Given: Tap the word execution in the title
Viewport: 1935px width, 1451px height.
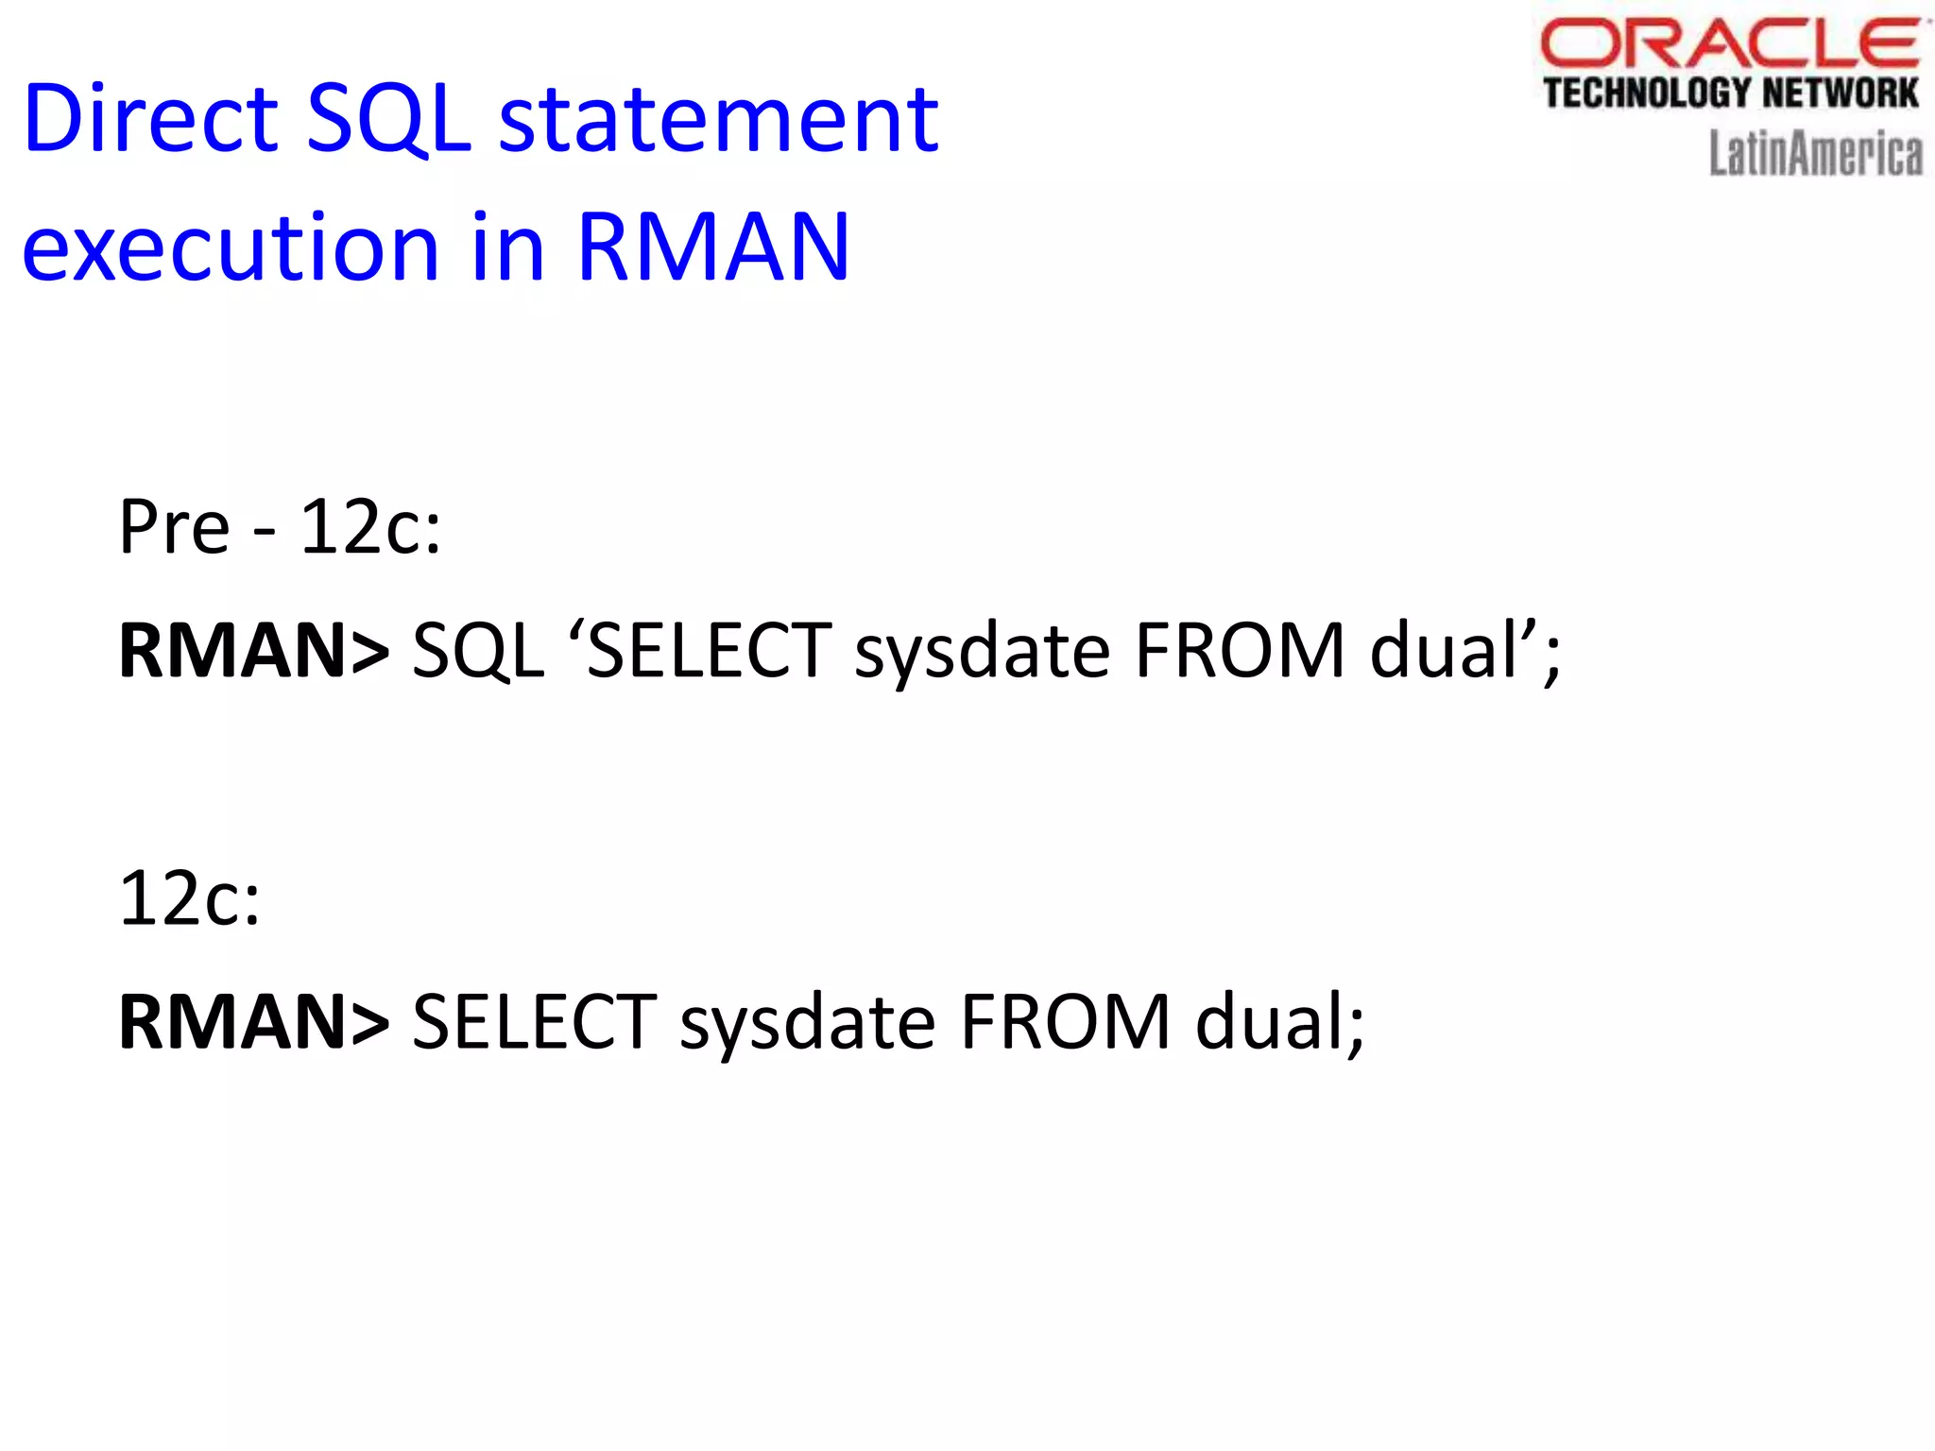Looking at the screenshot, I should pyautogui.click(x=231, y=248).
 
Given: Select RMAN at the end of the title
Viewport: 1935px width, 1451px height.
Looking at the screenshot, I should pyautogui.click(x=713, y=248).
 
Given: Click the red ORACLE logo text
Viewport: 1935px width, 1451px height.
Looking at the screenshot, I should pyautogui.click(x=1729, y=43).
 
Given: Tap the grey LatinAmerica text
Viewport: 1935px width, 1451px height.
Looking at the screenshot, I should pyautogui.click(x=1815, y=154).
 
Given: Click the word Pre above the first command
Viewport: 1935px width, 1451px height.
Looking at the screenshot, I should pyautogui.click(x=175, y=527).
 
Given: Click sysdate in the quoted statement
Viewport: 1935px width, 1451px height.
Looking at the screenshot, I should pyautogui.click(x=983, y=652).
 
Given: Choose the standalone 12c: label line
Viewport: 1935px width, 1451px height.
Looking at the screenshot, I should pyautogui.click(x=189, y=898).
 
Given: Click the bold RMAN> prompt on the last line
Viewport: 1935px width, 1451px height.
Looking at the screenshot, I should pyautogui.click(x=253, y=1021).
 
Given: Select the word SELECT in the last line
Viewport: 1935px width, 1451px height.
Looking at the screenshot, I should pyautogui.click(x=535, y=1021).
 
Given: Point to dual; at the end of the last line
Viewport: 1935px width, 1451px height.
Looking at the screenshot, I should pyautogui.click(x=1280, y=1021).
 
